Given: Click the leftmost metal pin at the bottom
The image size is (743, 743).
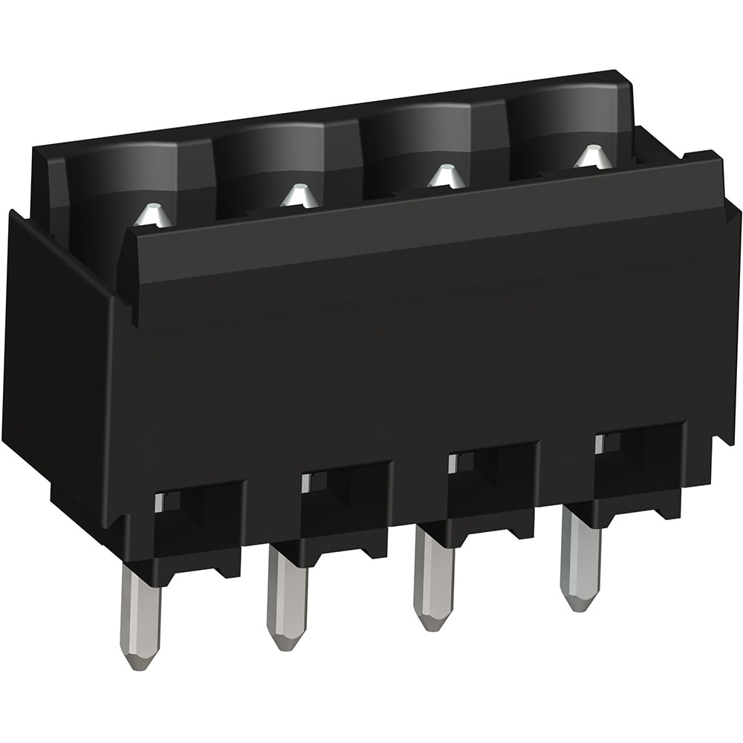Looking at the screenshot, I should click(x=140, y=617).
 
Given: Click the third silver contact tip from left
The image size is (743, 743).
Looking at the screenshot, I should click(x=445, y=176).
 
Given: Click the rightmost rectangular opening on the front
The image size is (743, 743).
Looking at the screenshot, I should click(x=639, y=453).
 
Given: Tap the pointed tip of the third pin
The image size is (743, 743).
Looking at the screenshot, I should click(x=433, y=620).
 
